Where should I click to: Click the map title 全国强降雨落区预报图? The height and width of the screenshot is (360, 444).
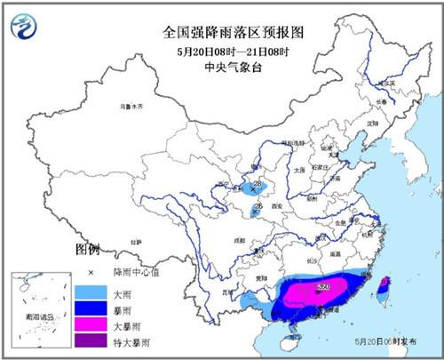click(x=222, y=32)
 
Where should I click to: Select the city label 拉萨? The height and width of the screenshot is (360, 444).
click(x=136, y=240)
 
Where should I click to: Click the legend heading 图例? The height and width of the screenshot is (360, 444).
click(x=86, y=248)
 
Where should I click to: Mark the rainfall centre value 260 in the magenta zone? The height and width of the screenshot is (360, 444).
click(x=321, y=287)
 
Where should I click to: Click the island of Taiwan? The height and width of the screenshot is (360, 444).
click(x=383, y=289)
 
